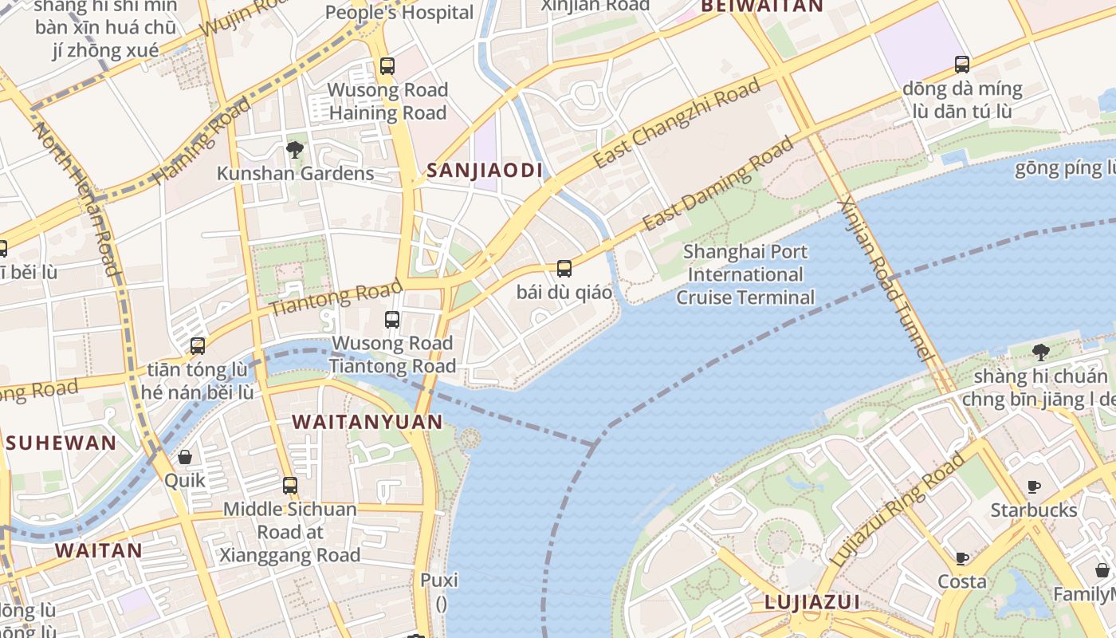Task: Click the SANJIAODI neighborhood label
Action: [484, 170]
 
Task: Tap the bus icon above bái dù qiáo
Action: [564, 269]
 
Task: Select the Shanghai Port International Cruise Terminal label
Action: [745, 274]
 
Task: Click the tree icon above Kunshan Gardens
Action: [295, 149]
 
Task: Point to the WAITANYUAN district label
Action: [367, 422]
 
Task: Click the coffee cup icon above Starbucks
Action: [1034, 486]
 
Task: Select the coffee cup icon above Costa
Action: [962, 558]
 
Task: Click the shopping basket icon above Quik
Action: [185, 457]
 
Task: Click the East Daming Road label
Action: [719, 183]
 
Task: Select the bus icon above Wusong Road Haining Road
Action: [387, 66]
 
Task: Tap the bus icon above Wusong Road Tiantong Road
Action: [392, 320]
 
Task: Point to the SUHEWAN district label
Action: [61, 443]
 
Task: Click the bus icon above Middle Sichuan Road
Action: [290, 485]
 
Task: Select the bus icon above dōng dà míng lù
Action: [962, 65]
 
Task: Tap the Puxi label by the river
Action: [439, 580]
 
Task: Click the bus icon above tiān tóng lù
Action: [198, 346]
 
